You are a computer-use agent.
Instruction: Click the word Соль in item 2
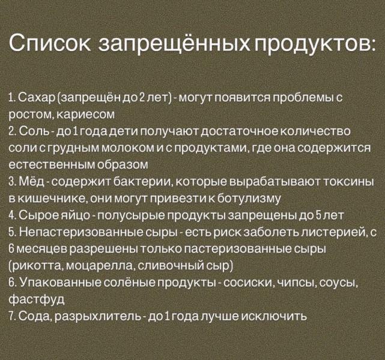pyautogui.click(x=31, y=131)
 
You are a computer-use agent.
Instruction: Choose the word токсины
pyautogui.click(x=348, y=181)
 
